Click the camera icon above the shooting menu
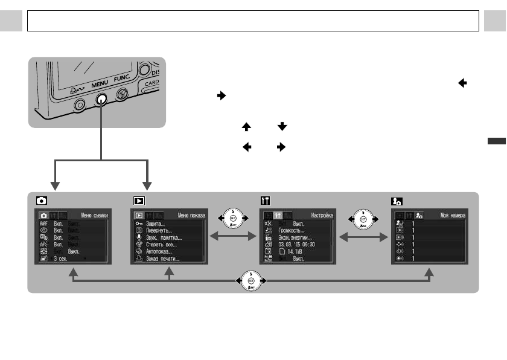pyautogui.click(x=41, y=201)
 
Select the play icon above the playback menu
pyautogui.click(x=138, y=201)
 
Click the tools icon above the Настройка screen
pyautogui.click(x=265, y=201)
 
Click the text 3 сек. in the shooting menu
pyautogui.click(x=63, y=259)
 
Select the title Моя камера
pyautogui.click(x=451, y=215)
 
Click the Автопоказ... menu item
pyautogui.click(x=159, y=251)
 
